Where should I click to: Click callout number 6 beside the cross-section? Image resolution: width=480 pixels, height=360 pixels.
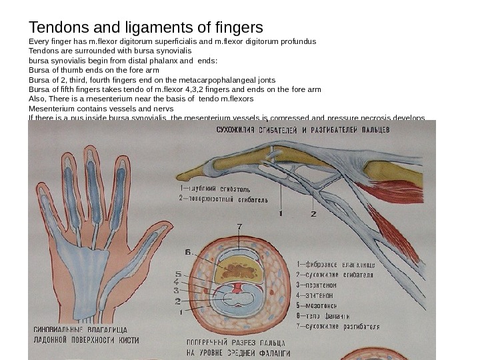pos(189,252)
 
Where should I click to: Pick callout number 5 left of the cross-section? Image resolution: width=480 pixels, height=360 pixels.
pos(178,274)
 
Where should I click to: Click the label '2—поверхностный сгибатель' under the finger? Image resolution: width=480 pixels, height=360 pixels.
pos(224,199)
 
